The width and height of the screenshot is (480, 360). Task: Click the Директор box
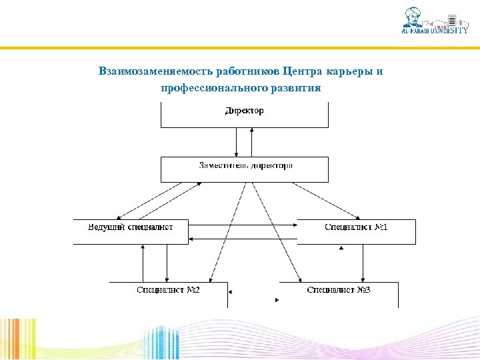(244, 115)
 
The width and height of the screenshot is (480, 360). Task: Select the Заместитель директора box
(244, 169)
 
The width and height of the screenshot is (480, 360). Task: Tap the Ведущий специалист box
(131, 231)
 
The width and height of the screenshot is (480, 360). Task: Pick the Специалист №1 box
(356, 231)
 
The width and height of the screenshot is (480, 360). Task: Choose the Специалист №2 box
(168, 293)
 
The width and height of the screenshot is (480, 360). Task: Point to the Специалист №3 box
(339, 293)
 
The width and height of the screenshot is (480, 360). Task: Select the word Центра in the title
(302, 71)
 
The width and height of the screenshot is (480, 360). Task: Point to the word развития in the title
(296, 87)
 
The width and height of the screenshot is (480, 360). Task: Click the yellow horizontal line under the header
(240, 48)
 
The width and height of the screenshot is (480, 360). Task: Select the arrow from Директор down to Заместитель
(236, 141)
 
